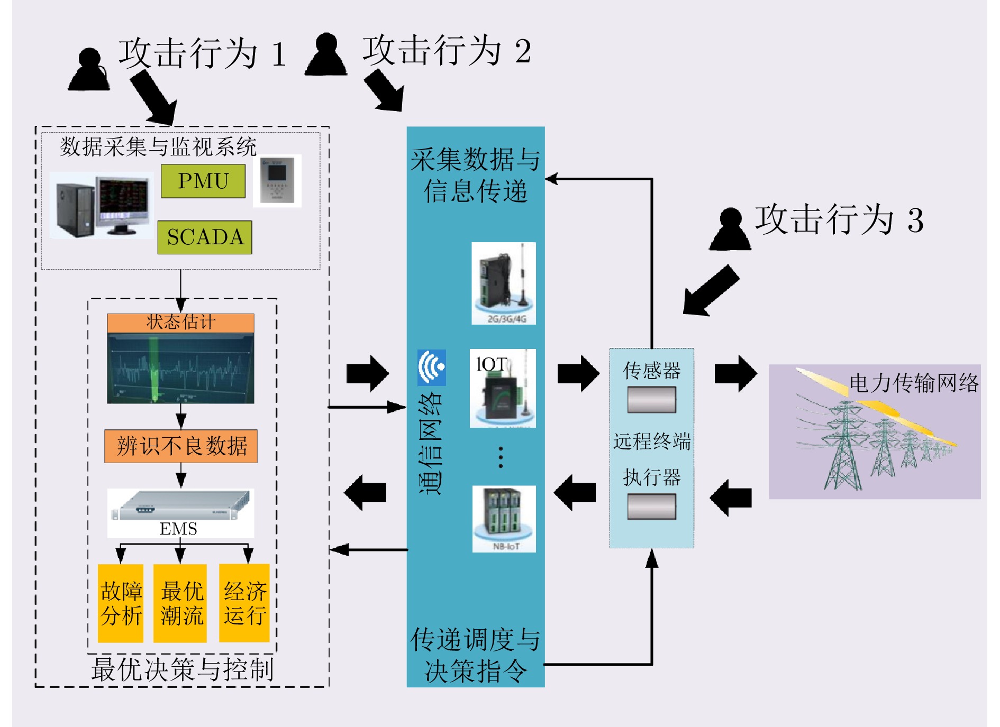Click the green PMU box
pos(203,181)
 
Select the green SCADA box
pos(205,237)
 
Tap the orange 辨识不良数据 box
pos(181,446)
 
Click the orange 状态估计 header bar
pos(180,323)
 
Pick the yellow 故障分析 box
pos(121,603)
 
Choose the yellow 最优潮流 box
pos(180,603)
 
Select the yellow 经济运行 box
pos(244,603)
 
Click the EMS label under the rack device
pos(178,529)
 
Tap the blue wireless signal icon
pos(431,367)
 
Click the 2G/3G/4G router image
pos(504,283)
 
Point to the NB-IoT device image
pos(504,519)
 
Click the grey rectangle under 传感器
pos(651,400)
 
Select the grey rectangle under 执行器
pos(651,507)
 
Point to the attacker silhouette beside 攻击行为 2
pos(326,55)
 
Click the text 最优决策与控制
pos(182,669)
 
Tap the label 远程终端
pos(652,441)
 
